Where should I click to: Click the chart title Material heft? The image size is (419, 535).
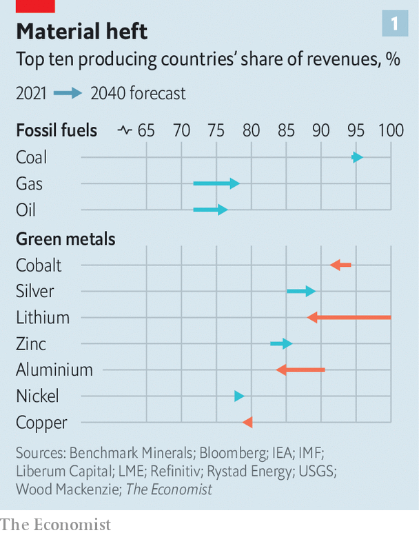click(82, 32)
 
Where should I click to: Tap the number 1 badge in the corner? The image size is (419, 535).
click(395, 23)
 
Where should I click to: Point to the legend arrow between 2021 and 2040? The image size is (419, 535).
click(68, 93)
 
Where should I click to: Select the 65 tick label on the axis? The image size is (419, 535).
click(146, 130)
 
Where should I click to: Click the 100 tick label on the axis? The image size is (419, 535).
click(391, 130)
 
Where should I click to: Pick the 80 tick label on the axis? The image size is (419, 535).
click(252, 130)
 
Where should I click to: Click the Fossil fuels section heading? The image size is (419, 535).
click(57, 130)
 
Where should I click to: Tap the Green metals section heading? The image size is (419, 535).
click(65, 239)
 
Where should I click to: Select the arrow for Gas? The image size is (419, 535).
click(216, 183)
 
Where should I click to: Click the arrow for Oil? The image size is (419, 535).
click(210, 210)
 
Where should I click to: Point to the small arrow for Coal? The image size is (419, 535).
click(357, 157)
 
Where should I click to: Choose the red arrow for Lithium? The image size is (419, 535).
click(349, 317)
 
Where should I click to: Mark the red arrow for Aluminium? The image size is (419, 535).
click(300, 370)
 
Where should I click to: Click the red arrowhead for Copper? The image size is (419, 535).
click(247, 423)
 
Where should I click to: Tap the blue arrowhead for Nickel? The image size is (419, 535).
click(239, 396)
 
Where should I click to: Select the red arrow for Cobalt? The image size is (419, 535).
click(340, 265)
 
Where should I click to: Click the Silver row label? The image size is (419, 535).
click(35, 292)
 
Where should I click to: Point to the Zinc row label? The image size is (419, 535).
click(31, 343)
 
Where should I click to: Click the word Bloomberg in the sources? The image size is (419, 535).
click(233, 453)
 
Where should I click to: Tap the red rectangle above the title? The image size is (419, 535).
click(35, 6)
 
